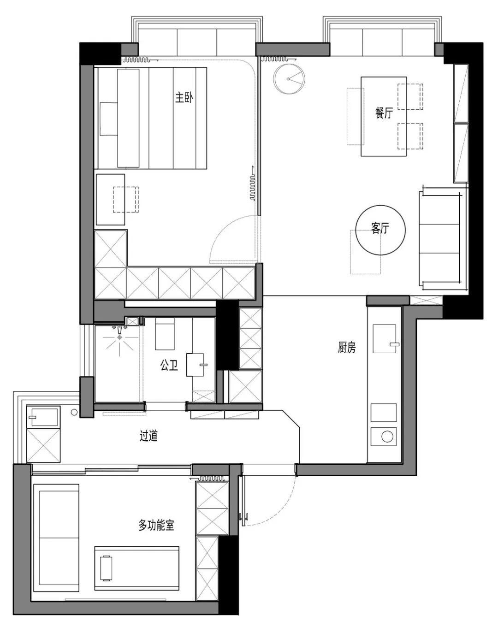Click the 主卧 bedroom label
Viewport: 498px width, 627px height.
pos(184,97)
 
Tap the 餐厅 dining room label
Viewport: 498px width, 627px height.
pos(384,113)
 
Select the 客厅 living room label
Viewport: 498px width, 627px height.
pos(380,228)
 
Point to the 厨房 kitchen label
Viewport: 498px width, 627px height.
pos(347,347)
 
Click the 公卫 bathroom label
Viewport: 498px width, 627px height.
pos(169,365)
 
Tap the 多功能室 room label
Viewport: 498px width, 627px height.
pos(156,525)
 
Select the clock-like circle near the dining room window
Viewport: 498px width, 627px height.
pos(289,79)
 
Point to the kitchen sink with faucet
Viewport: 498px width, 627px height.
pos(385,338)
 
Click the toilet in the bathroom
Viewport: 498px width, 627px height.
pos(195,365)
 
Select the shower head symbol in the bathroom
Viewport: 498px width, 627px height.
pos(119,337)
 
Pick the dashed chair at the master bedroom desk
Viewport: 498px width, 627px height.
pos(125,200)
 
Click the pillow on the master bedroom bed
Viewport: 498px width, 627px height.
pos(108,118)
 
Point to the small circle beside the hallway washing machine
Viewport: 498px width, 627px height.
pos(74,412)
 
